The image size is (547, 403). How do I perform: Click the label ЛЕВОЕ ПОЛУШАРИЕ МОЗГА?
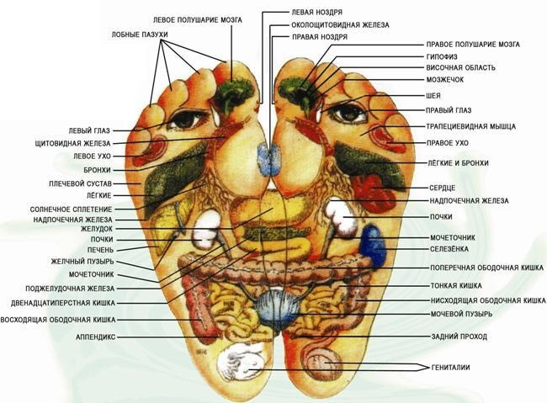click(198, 20)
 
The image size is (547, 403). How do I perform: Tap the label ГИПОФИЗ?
click(441, 56)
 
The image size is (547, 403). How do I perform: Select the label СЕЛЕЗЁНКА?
click(449, 249)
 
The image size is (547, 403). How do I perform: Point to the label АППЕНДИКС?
click(95, 337)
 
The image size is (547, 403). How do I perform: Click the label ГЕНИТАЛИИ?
click(450, 368)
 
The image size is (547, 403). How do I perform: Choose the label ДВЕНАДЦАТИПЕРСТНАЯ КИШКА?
click(63, 303)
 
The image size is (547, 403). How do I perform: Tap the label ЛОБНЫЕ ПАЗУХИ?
click(140, 34)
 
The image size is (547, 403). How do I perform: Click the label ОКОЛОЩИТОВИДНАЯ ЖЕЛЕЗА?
click(340, 25)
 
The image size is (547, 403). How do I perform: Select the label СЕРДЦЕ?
click(442, 188)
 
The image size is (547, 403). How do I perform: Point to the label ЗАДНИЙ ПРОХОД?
click(459, 337)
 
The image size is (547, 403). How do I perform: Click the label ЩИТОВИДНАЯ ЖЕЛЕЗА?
click(72, 143)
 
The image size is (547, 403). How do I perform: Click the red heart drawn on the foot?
click(373, 193)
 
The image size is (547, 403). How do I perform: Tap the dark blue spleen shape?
click(374, 246)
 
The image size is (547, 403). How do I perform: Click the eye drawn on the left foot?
click(185, 119)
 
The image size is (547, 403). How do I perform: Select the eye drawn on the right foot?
click(348, 112)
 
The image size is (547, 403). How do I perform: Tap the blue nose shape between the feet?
click(269, 160)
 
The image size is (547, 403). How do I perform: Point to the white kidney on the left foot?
click(207, 229)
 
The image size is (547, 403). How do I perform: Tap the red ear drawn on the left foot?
click(151, 150)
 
